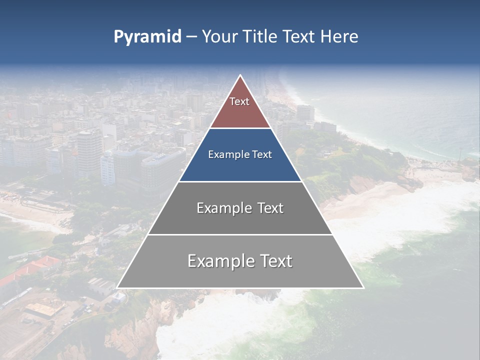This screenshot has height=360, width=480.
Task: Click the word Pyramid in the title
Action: pyautogui.click(x=147, y=37)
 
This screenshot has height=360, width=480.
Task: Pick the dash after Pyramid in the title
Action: pyautogui.click(x=191, y=37)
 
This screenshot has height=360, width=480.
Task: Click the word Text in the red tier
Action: pyautogui.click(x=239, y=101)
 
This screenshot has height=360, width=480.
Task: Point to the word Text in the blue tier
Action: pyautogui.click(x=263, y=154)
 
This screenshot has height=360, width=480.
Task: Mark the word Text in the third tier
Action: pyautogui.click(x=270, y=208)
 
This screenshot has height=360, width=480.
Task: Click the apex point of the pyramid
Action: pyautogui.click(x=240, y=75)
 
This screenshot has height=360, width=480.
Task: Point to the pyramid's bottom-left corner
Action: pyautogui.click(x=117, y=287)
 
